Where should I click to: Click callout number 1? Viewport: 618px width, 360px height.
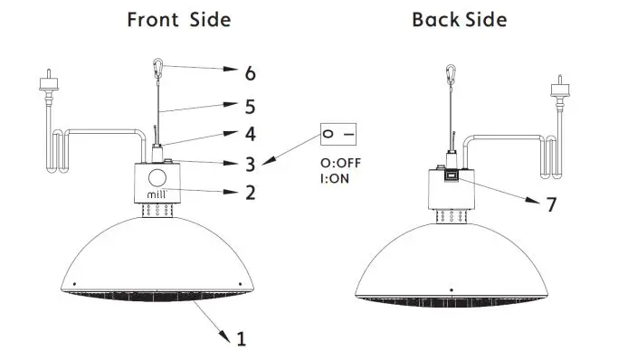tap(241, 339)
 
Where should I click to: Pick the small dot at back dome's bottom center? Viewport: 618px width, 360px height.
tap(451, 289)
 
